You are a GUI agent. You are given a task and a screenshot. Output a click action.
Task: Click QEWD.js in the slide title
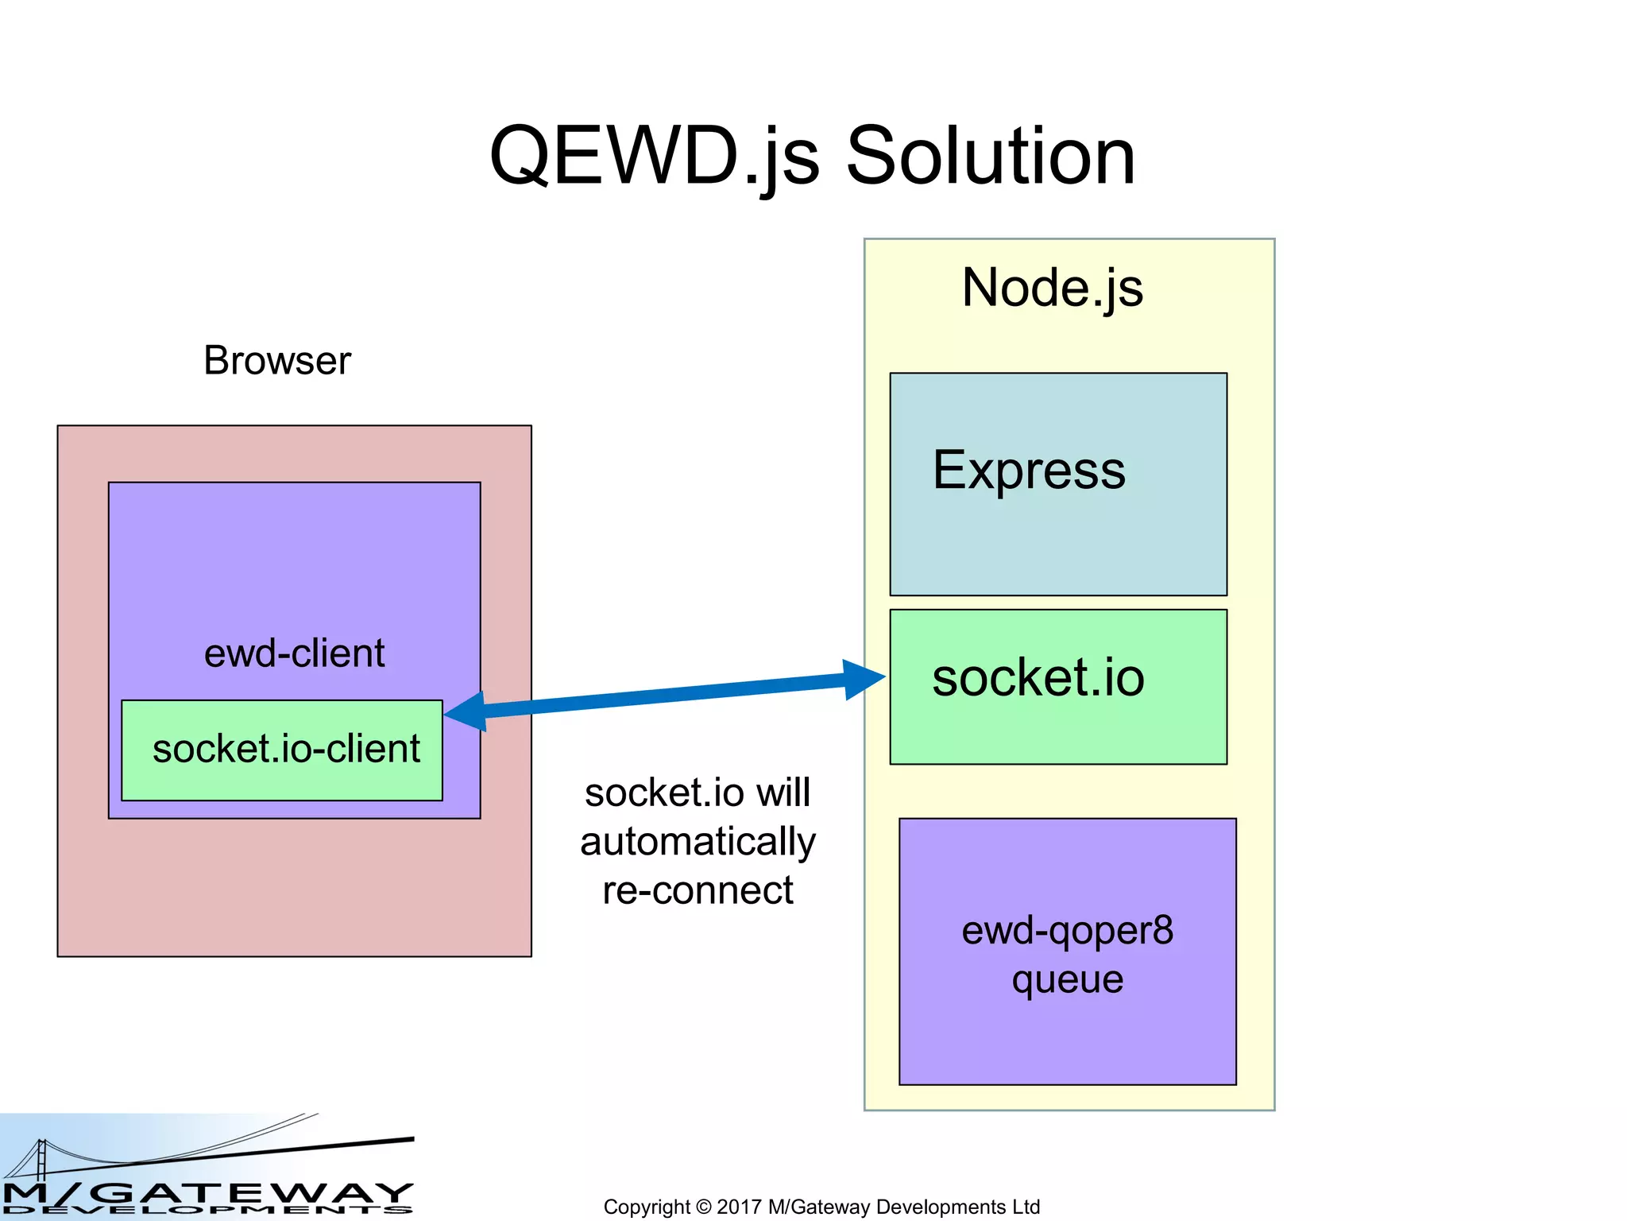click(654, 157)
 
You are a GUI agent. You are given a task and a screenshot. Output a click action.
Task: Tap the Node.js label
click(1052, 288)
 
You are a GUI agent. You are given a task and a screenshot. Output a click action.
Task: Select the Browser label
click(276, 361)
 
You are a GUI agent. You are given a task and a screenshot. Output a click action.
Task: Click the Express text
click(1029, 471)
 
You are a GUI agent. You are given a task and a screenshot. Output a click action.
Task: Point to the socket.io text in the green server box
click(1038, 678)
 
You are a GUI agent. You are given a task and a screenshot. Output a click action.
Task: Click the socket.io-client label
click(286, 750)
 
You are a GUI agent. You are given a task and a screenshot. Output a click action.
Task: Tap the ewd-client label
click(294, 653)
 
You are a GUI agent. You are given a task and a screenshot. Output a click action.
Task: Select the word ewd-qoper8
click(1067, 931)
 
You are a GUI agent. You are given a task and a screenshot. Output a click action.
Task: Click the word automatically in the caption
click(698, 842)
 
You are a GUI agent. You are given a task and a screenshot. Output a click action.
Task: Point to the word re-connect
click(698, 890)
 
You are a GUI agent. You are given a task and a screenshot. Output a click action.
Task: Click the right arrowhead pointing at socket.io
click(864, 679)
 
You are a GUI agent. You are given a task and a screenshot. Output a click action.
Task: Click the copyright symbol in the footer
click(703, 1207)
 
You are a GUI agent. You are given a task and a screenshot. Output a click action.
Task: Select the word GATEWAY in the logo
click(254, 1192)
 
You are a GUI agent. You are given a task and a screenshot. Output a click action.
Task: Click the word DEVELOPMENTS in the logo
click(207, 1211)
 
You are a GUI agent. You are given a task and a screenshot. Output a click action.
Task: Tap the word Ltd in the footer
click(1026, 1207)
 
